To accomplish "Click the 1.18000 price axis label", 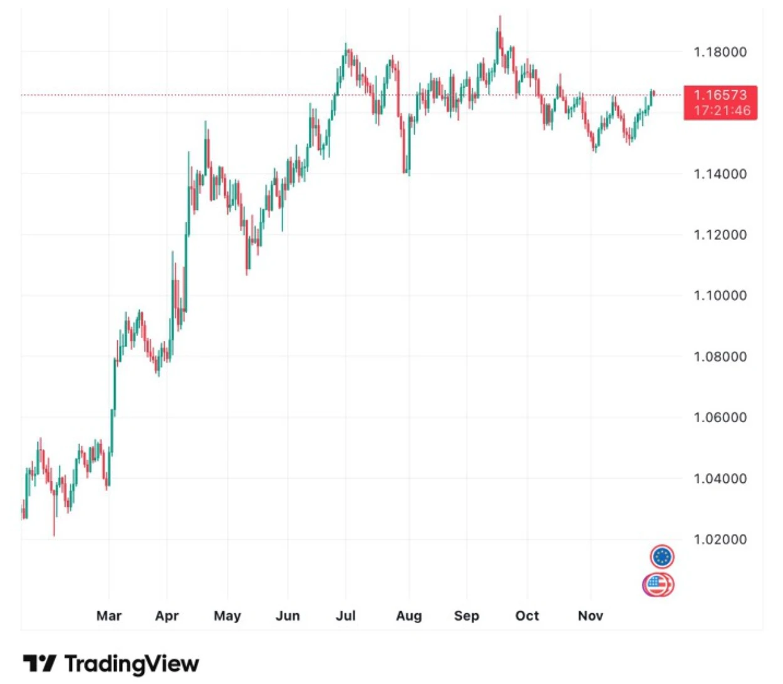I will [720, 52].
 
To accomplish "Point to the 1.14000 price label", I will [720, 174].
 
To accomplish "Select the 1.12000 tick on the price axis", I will [720, 235].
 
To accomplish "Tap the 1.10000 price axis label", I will [720, 296].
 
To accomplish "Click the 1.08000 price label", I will [720, 357].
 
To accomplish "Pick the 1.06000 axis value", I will [720, 418].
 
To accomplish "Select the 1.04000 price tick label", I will [720, 479].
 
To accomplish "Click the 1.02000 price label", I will [720, 540].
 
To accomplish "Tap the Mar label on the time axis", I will [109, 616].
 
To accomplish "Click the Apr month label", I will [167, 616].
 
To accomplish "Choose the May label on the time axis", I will [227, 616].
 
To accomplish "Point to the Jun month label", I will [288, 616].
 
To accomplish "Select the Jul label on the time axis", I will [346, 616].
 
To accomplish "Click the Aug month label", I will [409, 616].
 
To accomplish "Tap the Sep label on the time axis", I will [467, 616].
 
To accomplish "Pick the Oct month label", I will [527, 616].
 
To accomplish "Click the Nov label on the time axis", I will [591, 616].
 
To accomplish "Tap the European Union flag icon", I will [662, 556].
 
